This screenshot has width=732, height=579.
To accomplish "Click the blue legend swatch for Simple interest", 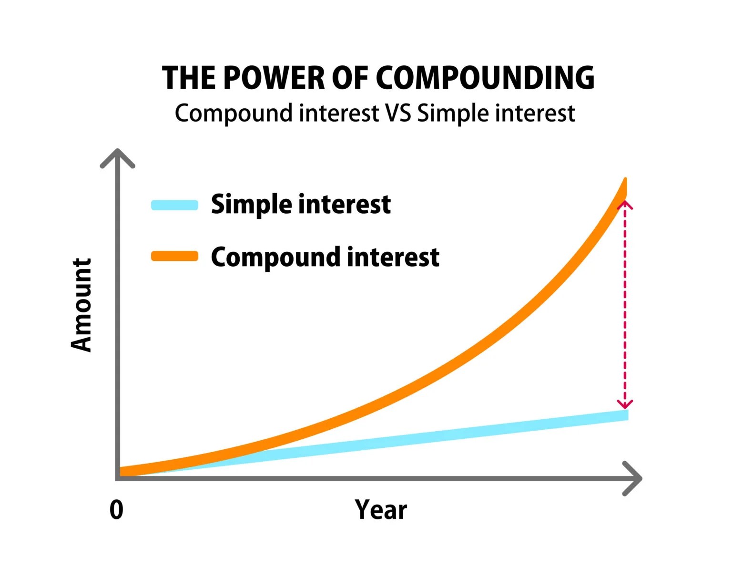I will click(x=174, y=205).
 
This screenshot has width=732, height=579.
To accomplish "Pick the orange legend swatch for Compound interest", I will click(x=174, y=256).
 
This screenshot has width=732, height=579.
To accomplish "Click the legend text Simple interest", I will click(x=301, y=205).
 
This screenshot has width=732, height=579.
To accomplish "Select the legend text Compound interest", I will click(x=325, y=258).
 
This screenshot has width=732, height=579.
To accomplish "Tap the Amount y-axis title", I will click(x=81, y=305).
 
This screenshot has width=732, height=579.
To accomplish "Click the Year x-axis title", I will click(x=381, y=509).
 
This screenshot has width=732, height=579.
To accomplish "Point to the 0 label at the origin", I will click(x=116, y=510).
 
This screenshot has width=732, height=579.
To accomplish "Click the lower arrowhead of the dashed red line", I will click(x=625, y=404).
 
